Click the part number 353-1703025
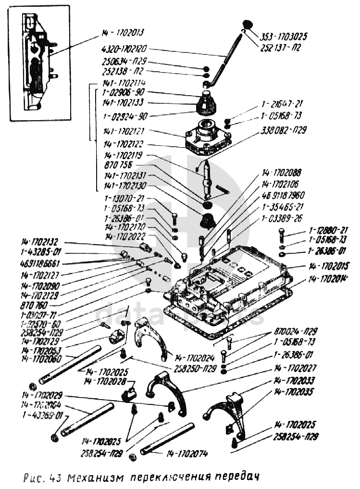point(284,36)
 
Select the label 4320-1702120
point(124,49)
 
